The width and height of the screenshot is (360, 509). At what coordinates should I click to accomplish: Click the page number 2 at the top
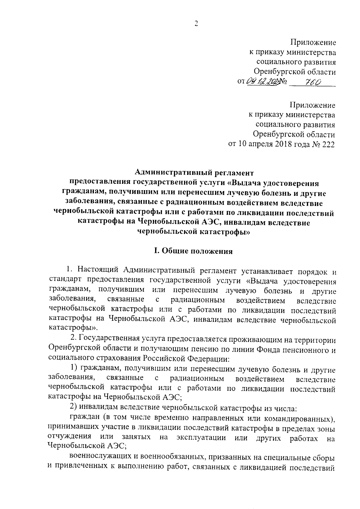(x=196, y=24)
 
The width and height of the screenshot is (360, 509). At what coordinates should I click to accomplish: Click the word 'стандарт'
(x=65, y=281)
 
